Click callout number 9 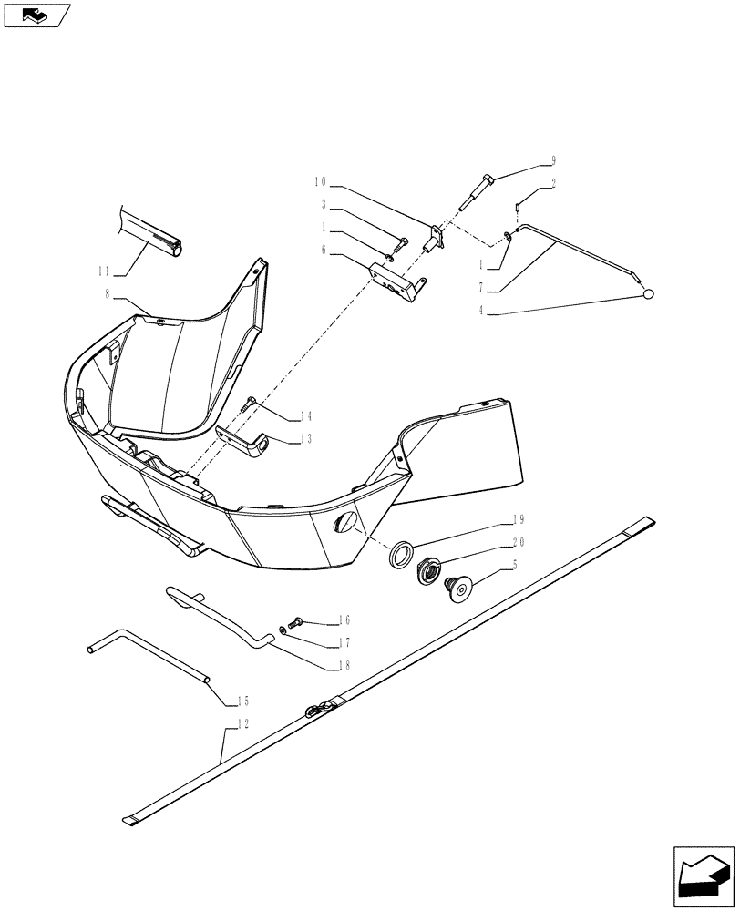552,161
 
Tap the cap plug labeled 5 459,589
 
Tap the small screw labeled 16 293,622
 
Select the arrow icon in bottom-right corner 703,876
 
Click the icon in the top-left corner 36,14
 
